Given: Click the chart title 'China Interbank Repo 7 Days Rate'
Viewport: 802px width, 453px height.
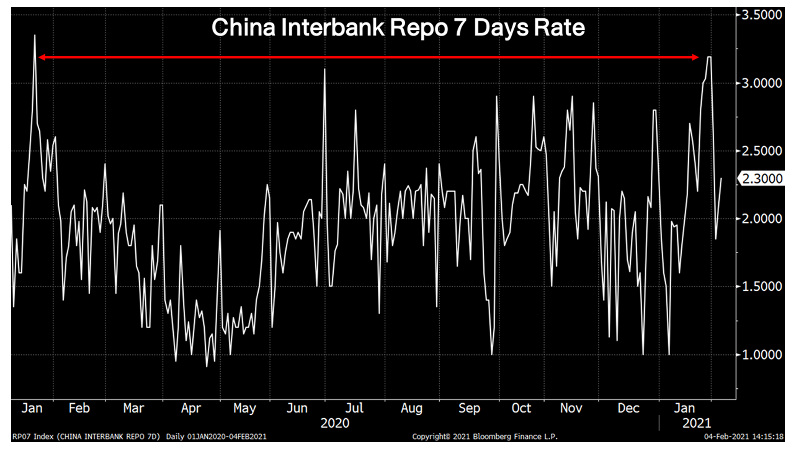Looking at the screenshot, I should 398,28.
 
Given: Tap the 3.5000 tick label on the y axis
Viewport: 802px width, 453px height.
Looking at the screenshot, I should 761,15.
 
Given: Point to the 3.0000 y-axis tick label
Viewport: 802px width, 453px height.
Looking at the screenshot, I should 761,83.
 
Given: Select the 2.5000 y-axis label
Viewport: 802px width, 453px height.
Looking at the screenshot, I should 761,151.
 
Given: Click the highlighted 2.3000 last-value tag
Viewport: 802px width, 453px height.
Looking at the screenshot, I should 761,179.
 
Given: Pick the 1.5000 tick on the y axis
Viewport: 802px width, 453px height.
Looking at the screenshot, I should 761,286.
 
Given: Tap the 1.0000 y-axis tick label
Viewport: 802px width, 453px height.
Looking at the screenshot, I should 761,355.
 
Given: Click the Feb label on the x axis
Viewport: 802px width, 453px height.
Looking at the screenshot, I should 79,408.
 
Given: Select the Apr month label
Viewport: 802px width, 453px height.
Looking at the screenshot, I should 191,408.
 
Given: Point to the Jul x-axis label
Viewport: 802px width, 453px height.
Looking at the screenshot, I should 354,408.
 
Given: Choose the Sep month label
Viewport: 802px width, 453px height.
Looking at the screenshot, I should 469,408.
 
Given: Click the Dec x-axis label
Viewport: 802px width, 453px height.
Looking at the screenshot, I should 628,408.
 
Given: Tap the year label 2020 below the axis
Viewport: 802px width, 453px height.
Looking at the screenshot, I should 335,423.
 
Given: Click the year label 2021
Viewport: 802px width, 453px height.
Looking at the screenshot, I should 696,423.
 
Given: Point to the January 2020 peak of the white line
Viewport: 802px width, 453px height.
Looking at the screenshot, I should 35,36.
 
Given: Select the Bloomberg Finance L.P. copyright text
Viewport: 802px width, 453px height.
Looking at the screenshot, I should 485,437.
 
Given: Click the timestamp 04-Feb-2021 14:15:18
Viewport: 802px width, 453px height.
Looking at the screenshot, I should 744,437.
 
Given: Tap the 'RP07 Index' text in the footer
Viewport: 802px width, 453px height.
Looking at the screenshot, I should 33,437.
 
